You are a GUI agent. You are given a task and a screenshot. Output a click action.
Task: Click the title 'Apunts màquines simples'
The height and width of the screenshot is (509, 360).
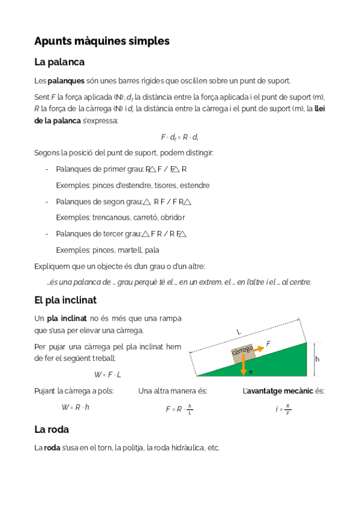[102, 41]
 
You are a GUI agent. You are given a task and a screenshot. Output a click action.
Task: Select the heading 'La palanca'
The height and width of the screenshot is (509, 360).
[59, 62]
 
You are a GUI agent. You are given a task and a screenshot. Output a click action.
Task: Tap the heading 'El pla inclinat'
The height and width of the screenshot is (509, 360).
[65, 300]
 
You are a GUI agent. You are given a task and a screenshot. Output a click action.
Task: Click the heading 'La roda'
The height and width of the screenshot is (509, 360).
[52, 429]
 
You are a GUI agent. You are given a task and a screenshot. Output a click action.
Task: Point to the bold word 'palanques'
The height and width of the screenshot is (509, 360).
[65, 80]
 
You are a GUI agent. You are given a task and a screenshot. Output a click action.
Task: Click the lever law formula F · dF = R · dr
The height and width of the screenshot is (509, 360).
[180, 137]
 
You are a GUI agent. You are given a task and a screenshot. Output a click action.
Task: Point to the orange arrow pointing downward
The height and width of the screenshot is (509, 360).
[244, 365]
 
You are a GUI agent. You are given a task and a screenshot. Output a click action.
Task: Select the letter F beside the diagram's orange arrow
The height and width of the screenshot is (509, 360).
[268, 343]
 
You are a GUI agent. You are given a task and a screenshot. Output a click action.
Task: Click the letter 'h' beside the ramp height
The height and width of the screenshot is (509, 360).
[317, 358]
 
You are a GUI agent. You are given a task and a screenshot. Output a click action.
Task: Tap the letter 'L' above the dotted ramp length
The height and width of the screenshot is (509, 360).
[238, 332]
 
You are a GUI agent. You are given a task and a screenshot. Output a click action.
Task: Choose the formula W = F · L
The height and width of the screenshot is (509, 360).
[107, 375]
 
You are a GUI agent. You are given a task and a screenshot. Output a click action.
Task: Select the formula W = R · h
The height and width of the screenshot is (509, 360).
[75, 407]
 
